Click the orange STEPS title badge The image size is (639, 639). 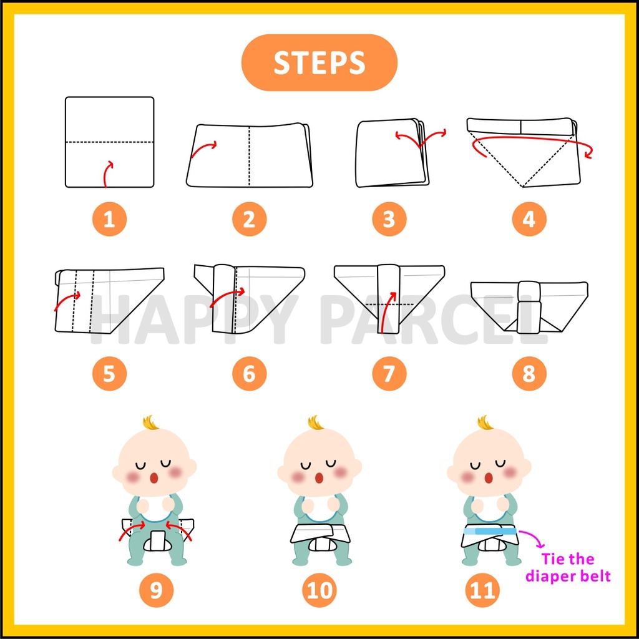coord(319,62)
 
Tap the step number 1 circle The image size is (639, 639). coord(109,219)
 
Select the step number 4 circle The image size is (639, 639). coord(529,219)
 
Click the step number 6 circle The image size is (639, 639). coord(250,373)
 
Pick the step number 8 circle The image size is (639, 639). coord(529,373)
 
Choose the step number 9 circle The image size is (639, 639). coord(156,590)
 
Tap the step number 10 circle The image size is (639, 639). coord(319,590)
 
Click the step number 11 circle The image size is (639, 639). coord(482,590)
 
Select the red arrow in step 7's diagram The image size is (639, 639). coord(386,312)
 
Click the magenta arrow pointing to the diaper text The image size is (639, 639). coord(534,537)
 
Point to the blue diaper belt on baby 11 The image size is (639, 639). coord(490,531)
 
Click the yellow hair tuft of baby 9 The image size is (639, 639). coord(151,424)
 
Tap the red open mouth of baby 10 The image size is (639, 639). coord(319,477)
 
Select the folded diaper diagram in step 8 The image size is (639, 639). coord(529,306)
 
